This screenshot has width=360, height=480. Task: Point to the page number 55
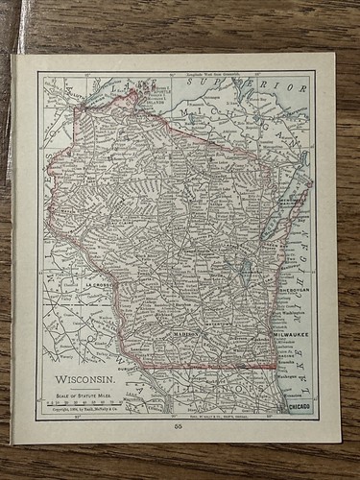click(x=179, y=424)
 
